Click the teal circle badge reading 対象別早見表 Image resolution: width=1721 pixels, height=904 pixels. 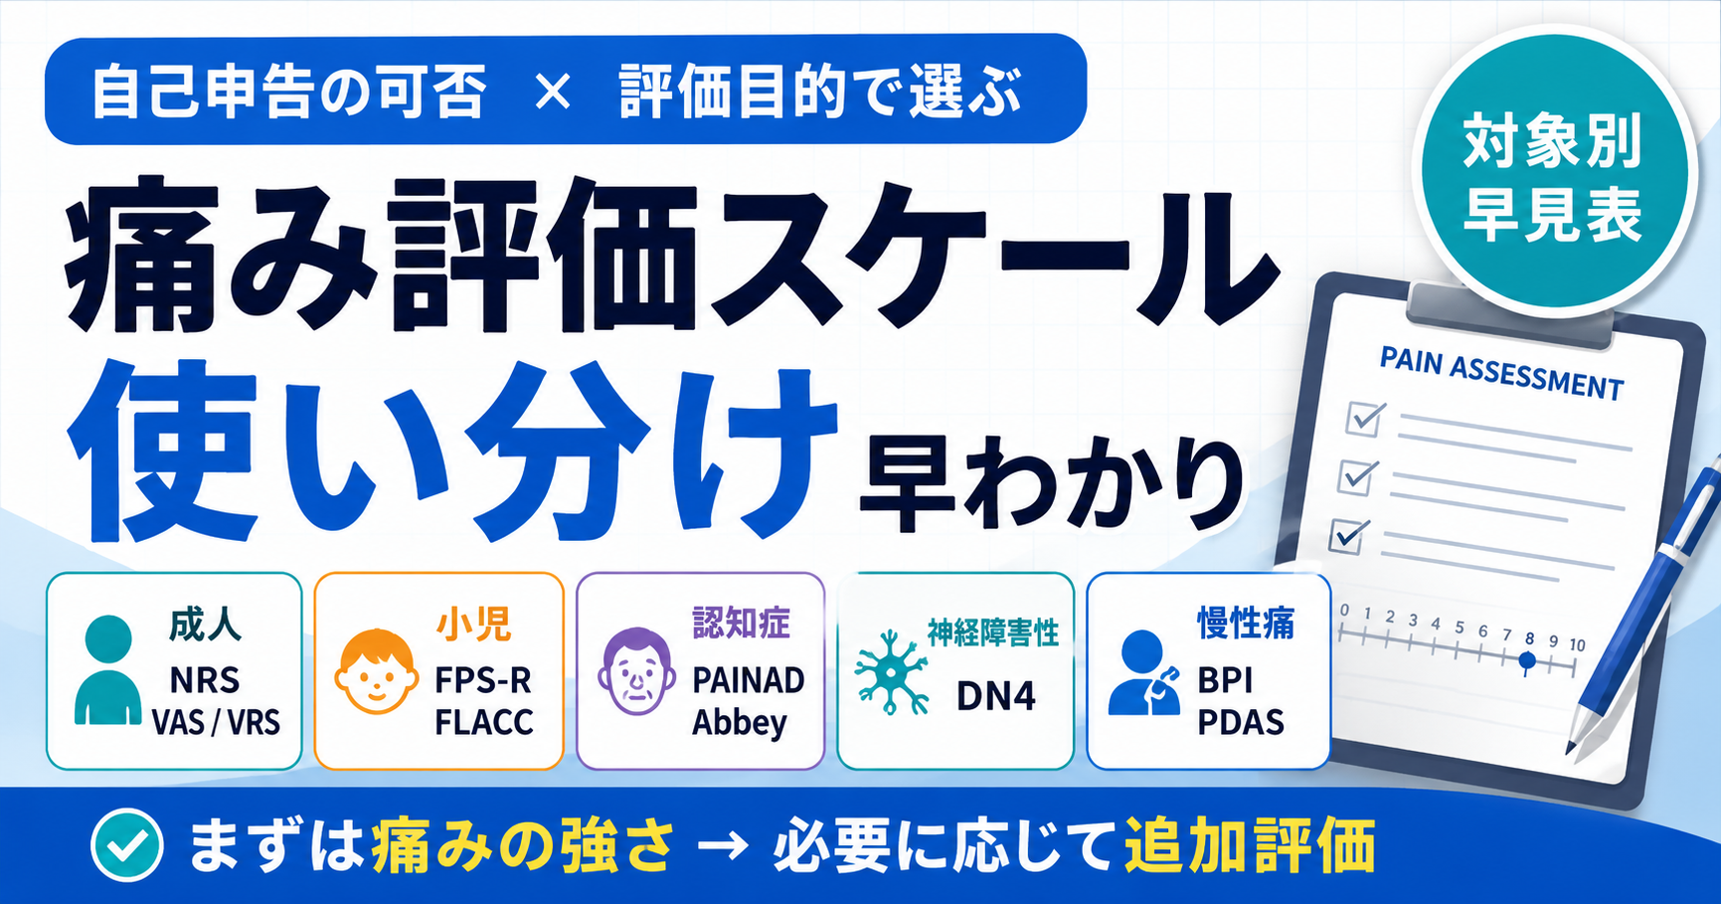point(1553,173)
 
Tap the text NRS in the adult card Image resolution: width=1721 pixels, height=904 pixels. point(205,680)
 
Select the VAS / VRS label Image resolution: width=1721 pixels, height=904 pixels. point(216,722)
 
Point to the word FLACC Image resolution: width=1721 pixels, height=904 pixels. point(484,722)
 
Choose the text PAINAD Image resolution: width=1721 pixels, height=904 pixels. point(749,680)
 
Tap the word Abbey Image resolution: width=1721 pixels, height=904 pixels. point(740,723)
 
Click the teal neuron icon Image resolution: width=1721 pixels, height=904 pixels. point(892,672)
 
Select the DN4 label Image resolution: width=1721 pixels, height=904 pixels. point(996,696)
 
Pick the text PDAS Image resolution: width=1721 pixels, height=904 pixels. point(1241,722)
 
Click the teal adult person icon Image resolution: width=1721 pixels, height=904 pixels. point(108,669)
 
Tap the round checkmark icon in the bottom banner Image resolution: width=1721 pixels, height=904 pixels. point(127,845)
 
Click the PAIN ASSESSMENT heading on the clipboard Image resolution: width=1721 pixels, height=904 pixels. point(1501,373)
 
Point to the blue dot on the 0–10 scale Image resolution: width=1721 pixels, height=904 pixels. point(1528,660)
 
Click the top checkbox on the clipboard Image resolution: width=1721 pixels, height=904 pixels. point(1365,418)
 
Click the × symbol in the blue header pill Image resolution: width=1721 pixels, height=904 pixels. point(553,92)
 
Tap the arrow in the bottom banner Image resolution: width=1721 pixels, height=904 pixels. point(723,846)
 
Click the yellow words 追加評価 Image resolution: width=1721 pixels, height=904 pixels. point(1250,846)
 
